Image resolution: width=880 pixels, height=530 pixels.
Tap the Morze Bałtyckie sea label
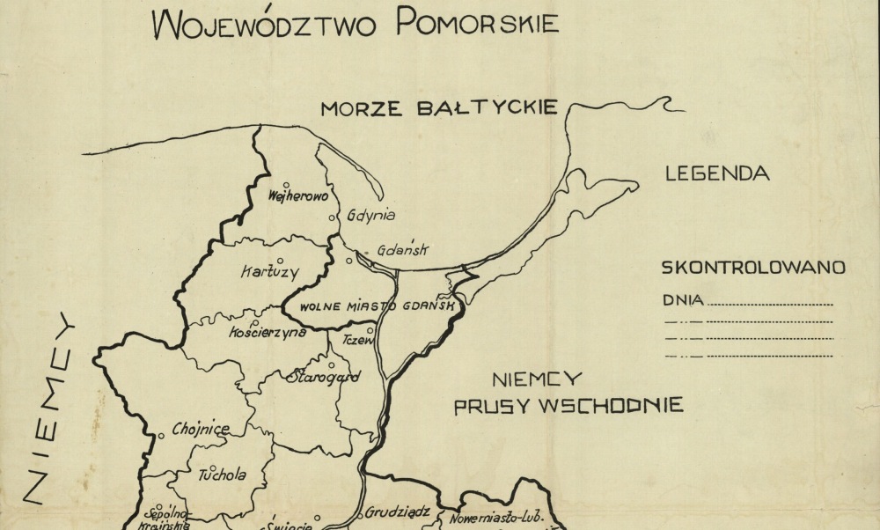[438, 108]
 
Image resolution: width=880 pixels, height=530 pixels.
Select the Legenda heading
[717, 173]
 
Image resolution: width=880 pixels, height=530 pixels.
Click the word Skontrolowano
[753, 266]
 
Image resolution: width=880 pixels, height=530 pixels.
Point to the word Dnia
[682, 300]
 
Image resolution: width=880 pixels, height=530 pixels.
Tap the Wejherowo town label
[297, 196]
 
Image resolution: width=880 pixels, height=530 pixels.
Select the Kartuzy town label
[269, 272]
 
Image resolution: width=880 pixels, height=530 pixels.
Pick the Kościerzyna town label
[267, 332]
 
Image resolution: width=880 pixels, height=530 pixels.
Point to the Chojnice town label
[201, 429]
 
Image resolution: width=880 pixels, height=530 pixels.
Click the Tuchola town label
[222, 475]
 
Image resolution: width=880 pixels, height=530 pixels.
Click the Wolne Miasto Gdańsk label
[377, 306]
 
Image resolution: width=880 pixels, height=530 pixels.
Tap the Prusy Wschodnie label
[568, 406]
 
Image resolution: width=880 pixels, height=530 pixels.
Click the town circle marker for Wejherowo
[286, 185]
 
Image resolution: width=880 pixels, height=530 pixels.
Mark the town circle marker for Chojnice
[161, 435]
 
